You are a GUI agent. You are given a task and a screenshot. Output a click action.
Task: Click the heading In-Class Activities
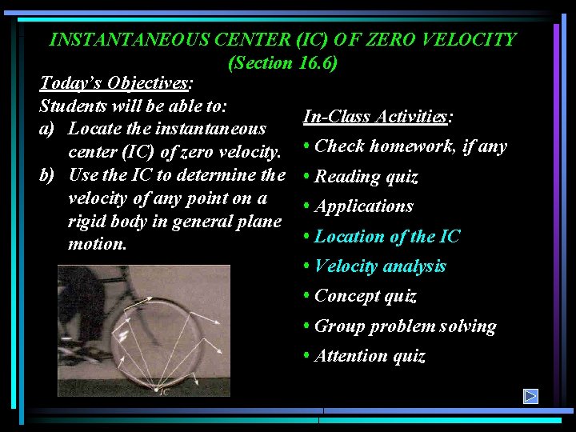[378, 117]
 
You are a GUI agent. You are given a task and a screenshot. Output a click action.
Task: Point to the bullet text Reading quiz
[366, 177]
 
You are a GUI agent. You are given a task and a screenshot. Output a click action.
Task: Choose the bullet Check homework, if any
[410, 146]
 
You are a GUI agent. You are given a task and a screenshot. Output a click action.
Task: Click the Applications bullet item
[364, 206]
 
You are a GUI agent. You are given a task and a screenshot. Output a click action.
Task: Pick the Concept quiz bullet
[366, 296]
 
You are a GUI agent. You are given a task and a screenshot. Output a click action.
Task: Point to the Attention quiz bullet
[370, 356]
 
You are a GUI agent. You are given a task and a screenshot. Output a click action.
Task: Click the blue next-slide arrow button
[530, 396]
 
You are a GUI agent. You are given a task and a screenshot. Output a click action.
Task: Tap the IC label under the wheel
[163, 391]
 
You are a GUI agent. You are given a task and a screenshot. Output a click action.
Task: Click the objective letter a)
[49, 128]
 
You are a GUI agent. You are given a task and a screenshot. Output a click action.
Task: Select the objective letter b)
[50, 174]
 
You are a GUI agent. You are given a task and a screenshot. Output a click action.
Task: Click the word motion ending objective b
[97, 244]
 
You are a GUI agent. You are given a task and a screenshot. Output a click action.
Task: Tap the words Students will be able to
[134, 106]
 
